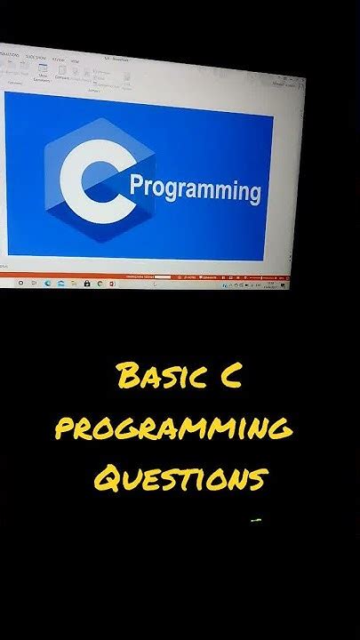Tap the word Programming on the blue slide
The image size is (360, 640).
(x=196, y=189)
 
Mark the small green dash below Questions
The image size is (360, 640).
(x=255, y=519)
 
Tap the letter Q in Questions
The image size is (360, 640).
(x=108, y=480)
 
